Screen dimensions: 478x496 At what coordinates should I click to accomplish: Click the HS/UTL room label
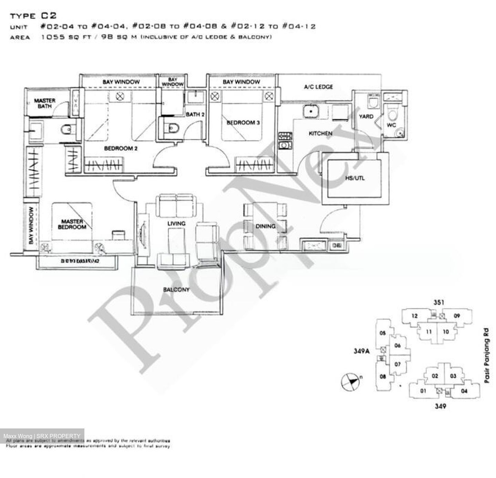click(x=355, y=178)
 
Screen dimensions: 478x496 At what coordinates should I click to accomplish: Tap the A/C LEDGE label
click(x=318, y=87)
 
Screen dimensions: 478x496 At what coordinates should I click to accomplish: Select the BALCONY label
click(x=176, y=289)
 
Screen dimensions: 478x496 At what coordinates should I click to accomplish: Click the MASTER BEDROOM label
click(x=72, y=224)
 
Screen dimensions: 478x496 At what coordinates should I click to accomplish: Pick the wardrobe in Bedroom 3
click(x=255, y=164)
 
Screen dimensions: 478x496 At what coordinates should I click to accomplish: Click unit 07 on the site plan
click(x=397, y=364)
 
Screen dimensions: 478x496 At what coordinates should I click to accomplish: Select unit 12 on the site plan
click(x=414, y=316)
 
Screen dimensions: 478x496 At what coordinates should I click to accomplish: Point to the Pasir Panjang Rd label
click(x=486, y=356)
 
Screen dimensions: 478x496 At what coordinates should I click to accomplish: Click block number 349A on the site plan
click(x=361, y=351)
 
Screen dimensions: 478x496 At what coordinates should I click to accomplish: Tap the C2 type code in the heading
click(x=49, y=15)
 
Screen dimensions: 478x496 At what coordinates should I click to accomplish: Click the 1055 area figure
click(x=53, y=37)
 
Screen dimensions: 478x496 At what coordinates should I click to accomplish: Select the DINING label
click(x=265, y=226)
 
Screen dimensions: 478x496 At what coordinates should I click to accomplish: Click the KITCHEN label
click(x=320, y=133)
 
